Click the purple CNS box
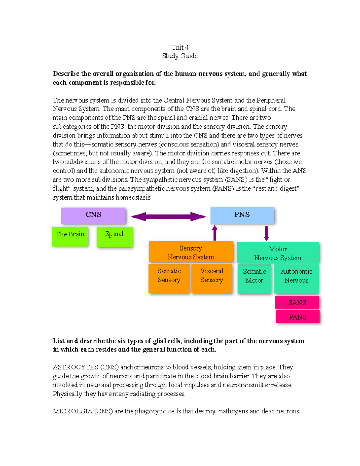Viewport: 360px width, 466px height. (x=93, y=215)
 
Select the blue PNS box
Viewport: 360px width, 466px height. (x=242, y=215)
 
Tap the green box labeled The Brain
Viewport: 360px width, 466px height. (x=70, y=236)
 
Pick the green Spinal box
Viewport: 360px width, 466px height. (x=114, y=236)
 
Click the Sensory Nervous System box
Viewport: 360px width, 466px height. (x=191, y=252)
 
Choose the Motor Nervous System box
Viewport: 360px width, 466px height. (x=277, y=253)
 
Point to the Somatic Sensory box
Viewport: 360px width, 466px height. (x=169, y=278)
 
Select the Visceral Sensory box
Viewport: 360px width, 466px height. (x=212, y=278)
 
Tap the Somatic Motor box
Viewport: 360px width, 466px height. (x=254, y=278)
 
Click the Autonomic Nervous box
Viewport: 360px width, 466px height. (x=296, y=278)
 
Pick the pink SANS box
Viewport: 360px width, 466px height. (x=297, y=302)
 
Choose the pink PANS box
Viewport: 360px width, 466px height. (x=298, y=317)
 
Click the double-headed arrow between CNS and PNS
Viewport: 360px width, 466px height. (x=168, y=217)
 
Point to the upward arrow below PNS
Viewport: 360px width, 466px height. (x=215, y=233)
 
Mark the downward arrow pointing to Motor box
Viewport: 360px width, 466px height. (x=266, y=233)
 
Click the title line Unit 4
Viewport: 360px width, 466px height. (x=180, y=47)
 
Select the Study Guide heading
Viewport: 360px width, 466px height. (x=180, y=56)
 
